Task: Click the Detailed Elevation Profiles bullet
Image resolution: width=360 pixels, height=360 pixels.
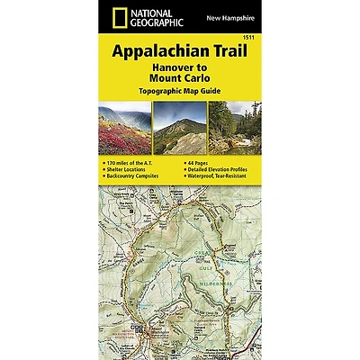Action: coord(218,168)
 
